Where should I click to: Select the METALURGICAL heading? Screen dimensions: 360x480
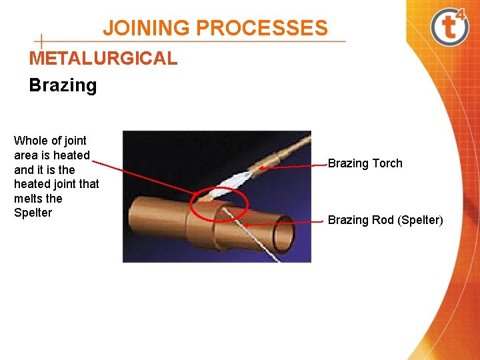click(x=103, y=58)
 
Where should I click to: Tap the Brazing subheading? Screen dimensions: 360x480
click(x=63, y=85)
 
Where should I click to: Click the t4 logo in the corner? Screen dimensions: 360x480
click(x=451, y=26)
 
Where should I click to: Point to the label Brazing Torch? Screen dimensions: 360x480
click(x=365, y=163)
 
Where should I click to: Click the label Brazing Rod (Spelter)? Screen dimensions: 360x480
click(x=385, y=220)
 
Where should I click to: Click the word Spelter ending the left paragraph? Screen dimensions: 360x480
click(x=33, y=213)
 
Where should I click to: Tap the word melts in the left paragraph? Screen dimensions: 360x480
click(x=28, y=199)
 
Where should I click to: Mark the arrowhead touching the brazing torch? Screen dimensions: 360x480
click(x=262, y=169)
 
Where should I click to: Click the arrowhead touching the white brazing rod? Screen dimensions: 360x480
click(x=245, y=225)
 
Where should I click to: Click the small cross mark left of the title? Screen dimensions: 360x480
click(x=41, y=41)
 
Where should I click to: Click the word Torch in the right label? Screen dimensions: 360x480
click(x=387, y=163)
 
